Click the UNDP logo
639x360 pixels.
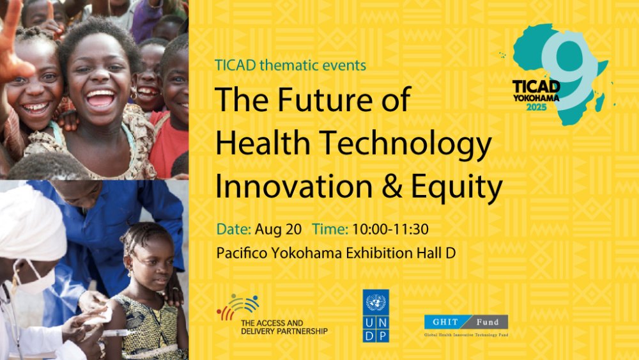[x=375, y=316]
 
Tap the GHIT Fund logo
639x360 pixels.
[x=466, y=325]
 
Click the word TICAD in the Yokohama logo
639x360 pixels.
[x=536, y=87]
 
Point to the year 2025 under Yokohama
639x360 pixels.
[x=536, y=107]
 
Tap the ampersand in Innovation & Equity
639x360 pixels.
[x=392, y=187]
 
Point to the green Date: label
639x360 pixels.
[x=233, y=229]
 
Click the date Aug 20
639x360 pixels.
[x=278, y=230]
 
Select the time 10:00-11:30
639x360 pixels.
[x=390, y=229]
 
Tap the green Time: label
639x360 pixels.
[x=330, y=229]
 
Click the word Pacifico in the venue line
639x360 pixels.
[x=242, y=253]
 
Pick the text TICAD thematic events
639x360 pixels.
[x=290, y=65]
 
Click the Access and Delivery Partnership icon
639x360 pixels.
[x=238, y=306]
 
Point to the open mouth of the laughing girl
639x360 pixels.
[x=100, y=98]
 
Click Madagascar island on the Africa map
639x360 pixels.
[x=599, y=102]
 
